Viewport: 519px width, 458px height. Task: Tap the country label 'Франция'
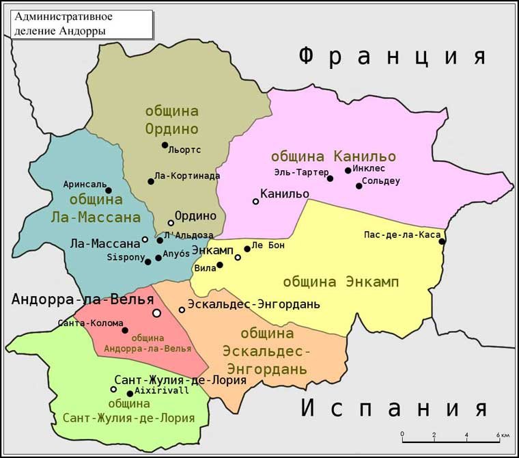click(393, 56)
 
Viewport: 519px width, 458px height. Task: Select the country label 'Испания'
click(395, 408)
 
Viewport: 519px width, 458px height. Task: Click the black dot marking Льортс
click(165, 145)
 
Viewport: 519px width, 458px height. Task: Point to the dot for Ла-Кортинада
click(151, 181)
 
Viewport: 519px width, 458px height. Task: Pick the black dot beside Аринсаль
click(108, 191)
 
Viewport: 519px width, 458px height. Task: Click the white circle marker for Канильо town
click(256, 201)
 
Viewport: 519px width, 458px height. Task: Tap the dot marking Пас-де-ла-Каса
click(442, 241)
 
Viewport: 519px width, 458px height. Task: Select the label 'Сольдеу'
click(381, 181)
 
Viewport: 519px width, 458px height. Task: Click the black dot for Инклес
click(348, 170)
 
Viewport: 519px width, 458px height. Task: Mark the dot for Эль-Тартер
click(330, 178)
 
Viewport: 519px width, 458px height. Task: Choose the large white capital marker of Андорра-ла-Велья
click(156, 312)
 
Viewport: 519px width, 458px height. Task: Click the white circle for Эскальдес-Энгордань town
click(182, 310)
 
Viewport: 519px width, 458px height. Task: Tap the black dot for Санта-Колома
click(125, 330)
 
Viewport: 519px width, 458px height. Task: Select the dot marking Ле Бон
click(247, 249)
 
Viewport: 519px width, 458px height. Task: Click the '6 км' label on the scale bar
click(503, 435)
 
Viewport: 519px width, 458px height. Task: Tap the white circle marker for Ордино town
click(171, 223)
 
